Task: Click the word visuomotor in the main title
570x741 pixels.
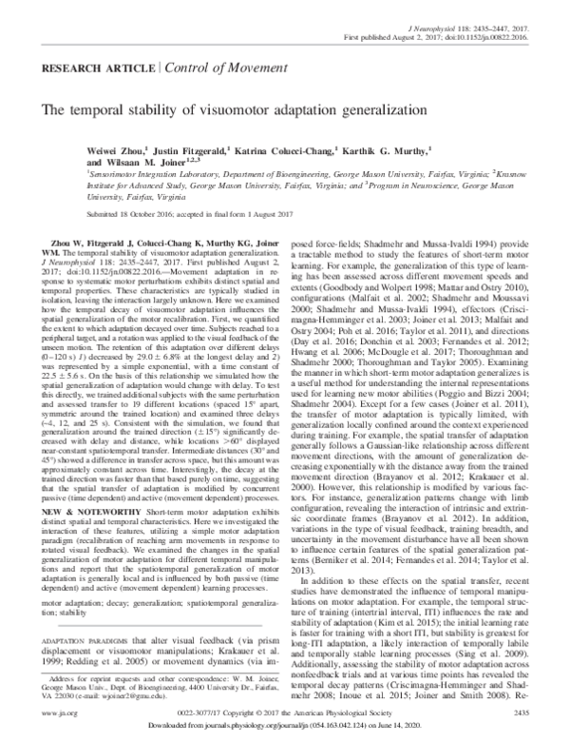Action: pos(245,111)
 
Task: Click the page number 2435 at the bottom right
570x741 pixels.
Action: pos(525,710)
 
